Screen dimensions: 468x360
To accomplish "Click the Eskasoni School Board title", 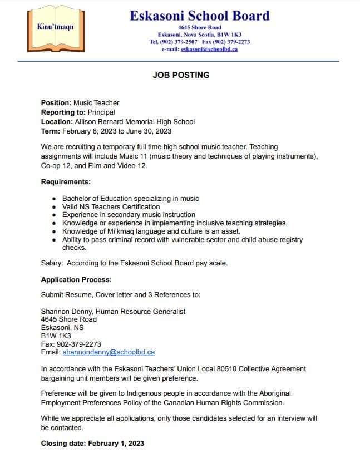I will [199, 16].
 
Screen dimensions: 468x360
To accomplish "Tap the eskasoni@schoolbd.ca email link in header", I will [209, 49].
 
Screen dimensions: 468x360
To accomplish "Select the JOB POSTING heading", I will [181, 75].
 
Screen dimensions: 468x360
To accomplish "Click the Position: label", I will [56, 102].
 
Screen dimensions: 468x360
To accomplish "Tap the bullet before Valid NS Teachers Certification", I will [53, 206].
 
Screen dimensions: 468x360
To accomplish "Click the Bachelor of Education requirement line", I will [130, 198].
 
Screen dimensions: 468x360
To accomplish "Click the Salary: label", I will [52, 263].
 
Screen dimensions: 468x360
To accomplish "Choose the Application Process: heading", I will [76, 279].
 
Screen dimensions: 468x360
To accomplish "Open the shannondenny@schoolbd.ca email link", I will [109, 352].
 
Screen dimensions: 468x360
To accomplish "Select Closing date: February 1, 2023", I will [92, 443].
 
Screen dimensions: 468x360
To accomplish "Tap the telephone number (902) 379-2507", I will [183, 42].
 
